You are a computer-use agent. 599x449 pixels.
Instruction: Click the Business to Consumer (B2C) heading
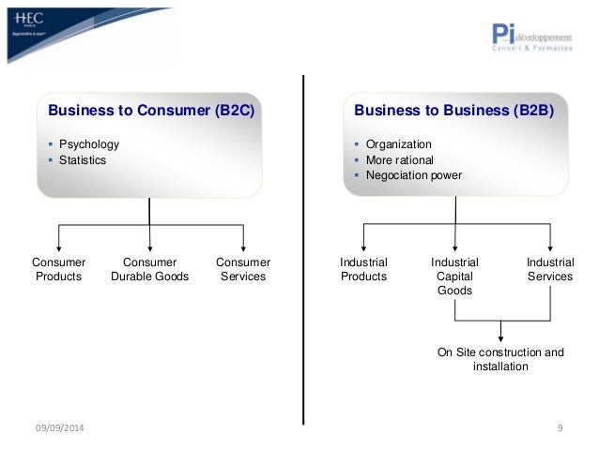pos(151,111)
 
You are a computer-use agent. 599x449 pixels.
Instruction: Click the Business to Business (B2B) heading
pos(453,111)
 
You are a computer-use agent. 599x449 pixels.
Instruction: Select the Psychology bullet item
pos(89,144)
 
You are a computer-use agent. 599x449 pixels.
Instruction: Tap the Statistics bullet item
pos(83,160)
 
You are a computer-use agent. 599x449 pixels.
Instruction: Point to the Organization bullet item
pos(399,144)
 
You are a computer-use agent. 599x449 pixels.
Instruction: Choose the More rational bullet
pos(400,160)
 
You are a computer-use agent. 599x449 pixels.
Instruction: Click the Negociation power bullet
pos(414,175)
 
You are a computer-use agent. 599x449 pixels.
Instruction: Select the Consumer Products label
pos(58,269)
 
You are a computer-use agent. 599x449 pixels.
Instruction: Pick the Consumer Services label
pos(243,269)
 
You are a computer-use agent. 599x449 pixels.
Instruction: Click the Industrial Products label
pos(363,269)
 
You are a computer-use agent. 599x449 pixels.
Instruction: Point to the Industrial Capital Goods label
pos(454,277)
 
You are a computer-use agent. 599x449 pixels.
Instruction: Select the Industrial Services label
pos(550,269)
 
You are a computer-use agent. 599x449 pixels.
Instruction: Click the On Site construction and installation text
pos(501,359)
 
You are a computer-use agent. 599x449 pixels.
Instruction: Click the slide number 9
pos(560,429)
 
